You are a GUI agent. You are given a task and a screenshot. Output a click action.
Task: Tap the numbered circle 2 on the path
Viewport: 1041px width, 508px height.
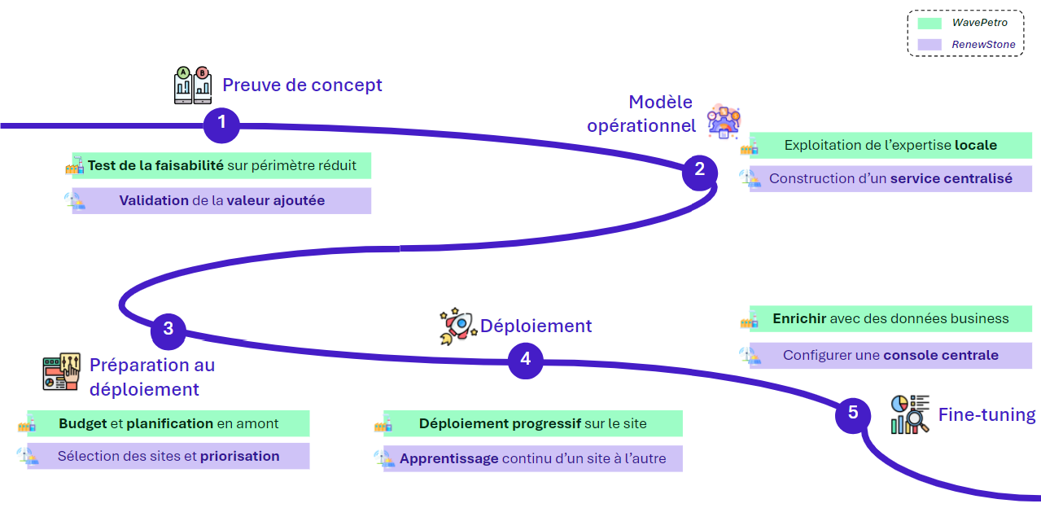pyautogui.click(x=699, y=173)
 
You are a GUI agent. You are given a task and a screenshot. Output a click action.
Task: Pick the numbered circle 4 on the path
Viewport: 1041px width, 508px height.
pyautogui.click(x=525, y=361)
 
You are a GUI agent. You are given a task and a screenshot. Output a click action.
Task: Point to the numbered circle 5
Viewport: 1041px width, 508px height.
pyautogui.click(x=853, y=415)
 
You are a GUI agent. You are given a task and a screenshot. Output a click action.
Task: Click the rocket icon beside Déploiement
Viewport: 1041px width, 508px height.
pyautogui.click(x=457, y=326)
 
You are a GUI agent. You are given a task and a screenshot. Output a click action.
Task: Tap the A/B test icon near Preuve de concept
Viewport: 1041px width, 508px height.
pyautogui.click(x=193, y=85)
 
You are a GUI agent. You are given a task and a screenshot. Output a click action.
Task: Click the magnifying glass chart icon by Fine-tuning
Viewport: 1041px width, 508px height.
pyautogui.click(x=910, y=414)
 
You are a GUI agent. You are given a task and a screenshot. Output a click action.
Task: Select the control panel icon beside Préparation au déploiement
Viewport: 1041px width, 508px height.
pyautogui.click(x=61, y=372)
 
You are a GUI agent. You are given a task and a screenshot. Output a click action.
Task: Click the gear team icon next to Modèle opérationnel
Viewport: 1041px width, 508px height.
pyautogui.click(x=723, y=121)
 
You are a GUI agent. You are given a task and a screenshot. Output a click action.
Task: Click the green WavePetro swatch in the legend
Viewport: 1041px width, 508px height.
pyautogui.click(x=929, y=24)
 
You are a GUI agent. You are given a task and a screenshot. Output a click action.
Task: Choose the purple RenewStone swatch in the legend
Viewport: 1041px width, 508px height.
pyautogui.click(x=929, y=45)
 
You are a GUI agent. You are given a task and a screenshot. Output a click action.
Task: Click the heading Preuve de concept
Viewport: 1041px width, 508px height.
pyautogui.click(x=302, y=85)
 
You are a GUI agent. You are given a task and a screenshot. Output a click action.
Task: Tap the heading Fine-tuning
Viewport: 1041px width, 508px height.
pyautogui.click(x=986, y=414)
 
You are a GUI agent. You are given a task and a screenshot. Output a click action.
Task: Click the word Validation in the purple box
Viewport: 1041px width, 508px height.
pyautogui.click(x=154, y=200)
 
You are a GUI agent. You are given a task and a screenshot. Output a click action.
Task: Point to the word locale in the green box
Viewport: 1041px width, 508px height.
pyautogui.click(x=975, y=145)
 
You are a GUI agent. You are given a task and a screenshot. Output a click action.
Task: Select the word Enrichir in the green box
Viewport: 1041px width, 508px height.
pyautogui.click(x=799, y=318)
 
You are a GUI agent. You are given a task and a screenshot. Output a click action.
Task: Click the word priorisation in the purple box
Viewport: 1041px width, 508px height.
pyautogui.click(x=240, y=456)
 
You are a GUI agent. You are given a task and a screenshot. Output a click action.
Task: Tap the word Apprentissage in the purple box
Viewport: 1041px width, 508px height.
pyautogui.click(x=449, y=458)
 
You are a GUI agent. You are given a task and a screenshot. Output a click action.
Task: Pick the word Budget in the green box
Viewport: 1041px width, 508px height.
pyautogui.click(x=83, y=424)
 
